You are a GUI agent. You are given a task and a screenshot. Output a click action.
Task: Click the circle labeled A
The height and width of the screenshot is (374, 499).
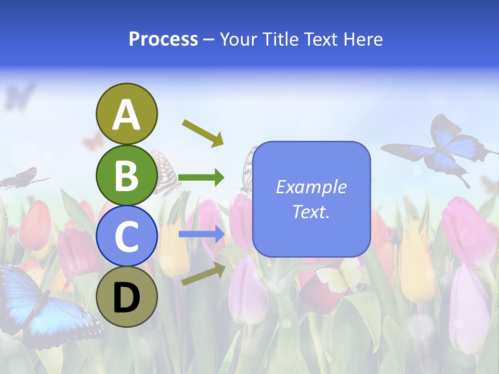(126, 114)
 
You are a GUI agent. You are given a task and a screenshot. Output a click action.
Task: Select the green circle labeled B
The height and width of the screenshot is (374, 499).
(126, 175)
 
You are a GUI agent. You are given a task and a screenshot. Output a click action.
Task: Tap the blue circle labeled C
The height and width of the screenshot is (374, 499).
(126, 236)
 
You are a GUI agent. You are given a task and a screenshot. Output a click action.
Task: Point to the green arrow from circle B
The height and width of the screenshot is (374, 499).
(201, 178)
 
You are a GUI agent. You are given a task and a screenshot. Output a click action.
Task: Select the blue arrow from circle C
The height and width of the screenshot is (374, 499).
(201, 234)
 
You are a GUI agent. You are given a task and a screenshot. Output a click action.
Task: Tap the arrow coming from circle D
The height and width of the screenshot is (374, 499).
(203, 273)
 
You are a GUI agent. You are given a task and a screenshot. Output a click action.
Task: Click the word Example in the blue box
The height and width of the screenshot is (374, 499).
(311, 187)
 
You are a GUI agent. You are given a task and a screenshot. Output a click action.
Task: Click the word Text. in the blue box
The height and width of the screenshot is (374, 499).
(311, 211)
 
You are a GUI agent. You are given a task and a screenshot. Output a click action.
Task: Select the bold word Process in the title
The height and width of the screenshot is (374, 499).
(163, 39)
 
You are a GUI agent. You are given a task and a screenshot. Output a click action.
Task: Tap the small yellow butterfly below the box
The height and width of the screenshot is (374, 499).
(338, 275)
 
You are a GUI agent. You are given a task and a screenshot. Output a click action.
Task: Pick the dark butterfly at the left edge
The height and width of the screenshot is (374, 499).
(21, 178)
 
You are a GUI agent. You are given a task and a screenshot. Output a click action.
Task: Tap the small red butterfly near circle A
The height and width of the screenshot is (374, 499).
(93, 140)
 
